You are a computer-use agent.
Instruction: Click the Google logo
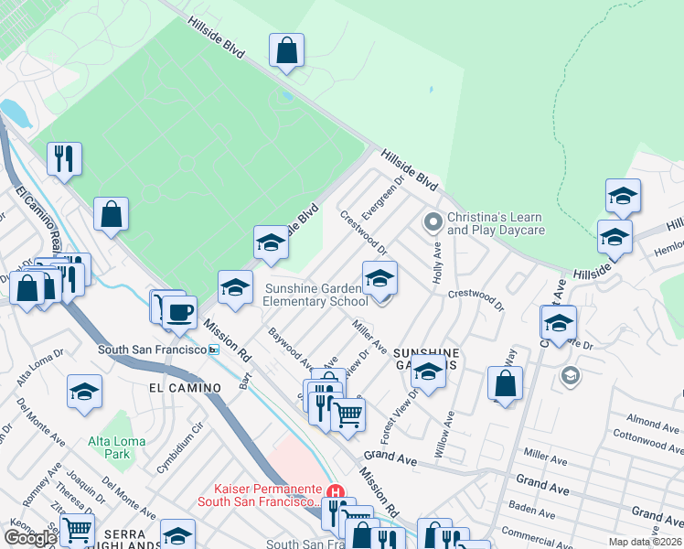31,538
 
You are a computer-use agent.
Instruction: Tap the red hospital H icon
336,492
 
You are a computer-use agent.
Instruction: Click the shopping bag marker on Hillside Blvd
287,51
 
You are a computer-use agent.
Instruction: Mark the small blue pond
16,113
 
